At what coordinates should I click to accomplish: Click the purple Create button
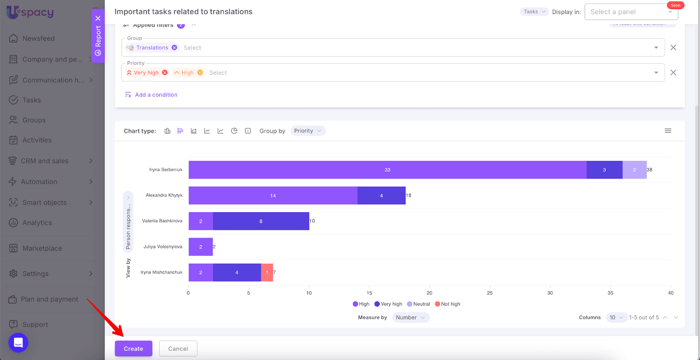[133, 349]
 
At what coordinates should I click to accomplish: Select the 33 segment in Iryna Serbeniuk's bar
[387, 170]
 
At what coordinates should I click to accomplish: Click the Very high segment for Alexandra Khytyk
[381, 196]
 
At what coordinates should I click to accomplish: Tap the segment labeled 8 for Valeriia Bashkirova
[261, 221]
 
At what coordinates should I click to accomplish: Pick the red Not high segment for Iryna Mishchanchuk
[267, 273]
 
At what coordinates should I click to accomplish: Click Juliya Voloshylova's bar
[200, 247]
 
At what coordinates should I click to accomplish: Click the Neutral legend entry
[419, 304]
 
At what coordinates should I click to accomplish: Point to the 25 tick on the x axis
[490, 293]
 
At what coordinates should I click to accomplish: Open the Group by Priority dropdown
[308, 131]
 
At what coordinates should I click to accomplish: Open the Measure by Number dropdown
[410, 318]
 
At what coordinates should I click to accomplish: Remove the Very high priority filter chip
[165, 73]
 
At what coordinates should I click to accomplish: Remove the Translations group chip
[175, 48]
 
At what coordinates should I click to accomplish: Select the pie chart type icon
[234, 131]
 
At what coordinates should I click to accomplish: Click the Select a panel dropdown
[631, 12]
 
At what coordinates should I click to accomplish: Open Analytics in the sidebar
[37, 223]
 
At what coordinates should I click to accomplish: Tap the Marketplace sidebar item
[42, 248]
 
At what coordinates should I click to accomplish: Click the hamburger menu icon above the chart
[668, 131]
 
